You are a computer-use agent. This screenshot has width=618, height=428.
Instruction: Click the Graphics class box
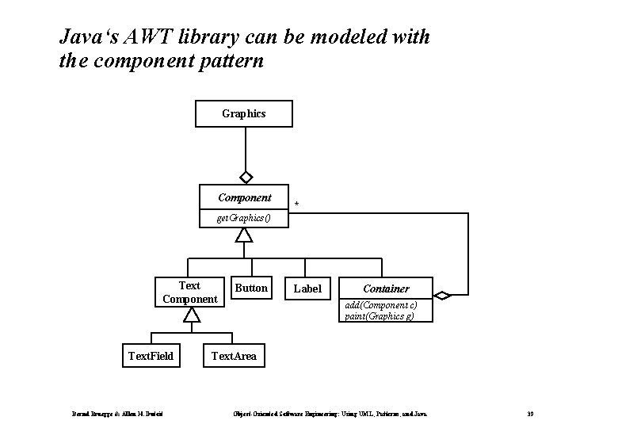click(x=244, y=113)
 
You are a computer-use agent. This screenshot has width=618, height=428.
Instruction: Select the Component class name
click(x=245, y=197)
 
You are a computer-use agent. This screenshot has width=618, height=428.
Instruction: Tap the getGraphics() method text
click(x=243, y=218)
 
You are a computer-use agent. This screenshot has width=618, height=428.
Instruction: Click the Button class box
click(x=252, y=288)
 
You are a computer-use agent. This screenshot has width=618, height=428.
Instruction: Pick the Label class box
click(x=307, y=289)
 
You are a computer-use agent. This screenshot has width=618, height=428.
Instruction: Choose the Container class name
click(x=386, y=289)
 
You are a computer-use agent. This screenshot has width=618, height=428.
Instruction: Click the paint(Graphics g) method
click(x=379, y=315)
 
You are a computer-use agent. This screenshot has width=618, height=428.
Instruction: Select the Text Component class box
click(x=189, y=292)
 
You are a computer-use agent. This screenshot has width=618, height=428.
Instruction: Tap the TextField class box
click(x=151, y=356)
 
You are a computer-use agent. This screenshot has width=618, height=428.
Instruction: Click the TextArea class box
click(x=234, y=356)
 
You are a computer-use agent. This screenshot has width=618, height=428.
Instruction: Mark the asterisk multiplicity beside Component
click(x=297, y=205)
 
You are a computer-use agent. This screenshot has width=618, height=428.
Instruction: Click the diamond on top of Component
click(x=246, y=177)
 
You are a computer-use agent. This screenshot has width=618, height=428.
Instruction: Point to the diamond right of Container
click(x=442, y=296)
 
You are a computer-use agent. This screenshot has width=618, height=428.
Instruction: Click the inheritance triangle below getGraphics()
click(x=244, y=235)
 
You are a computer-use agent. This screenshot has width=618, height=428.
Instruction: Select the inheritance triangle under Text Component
click(x=190, y=315)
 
